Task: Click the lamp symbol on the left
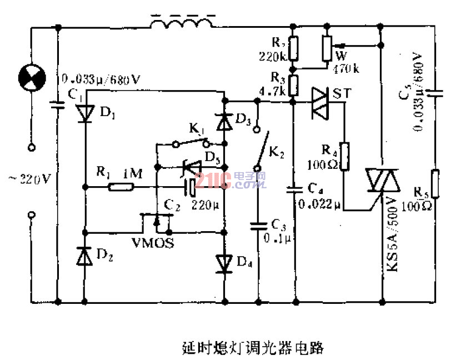coord(31,76)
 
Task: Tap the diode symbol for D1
coord(84,113)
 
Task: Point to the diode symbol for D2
coord(84,257)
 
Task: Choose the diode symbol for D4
coord(224,262)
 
